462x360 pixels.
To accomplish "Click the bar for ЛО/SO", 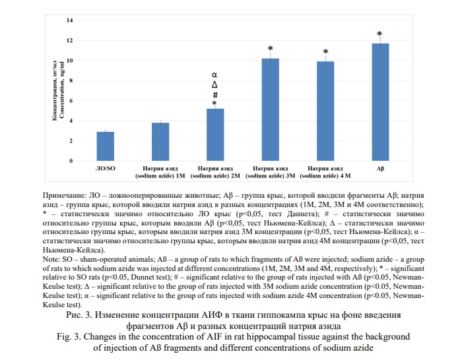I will pos(106,146).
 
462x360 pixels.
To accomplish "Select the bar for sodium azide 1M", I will pos(160,142).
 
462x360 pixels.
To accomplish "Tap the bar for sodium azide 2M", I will pos(215,135).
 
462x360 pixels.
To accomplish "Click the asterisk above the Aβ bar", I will pos(379,34).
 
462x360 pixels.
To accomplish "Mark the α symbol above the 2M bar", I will pos(214,76).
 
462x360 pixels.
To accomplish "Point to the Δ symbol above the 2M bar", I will pos(214,85).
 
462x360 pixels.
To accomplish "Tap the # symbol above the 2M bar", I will pos(214,94).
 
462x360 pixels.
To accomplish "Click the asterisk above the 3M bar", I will pos(270,49).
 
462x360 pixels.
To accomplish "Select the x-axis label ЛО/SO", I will pos(106,169).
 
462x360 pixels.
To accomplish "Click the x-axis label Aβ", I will pos(380,169).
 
